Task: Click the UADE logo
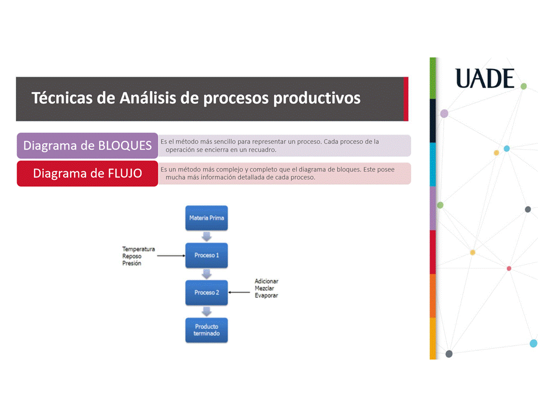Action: coord(485,78)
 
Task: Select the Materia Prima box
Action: coord(207,218)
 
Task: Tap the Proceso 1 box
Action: coord(207,256)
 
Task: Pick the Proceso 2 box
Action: coord(207,293)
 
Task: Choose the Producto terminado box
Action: coord(207,330)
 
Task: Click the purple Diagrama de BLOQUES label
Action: coord(88,146)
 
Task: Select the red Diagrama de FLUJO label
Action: coord(88,173)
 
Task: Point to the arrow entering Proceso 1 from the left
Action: coord(171,256)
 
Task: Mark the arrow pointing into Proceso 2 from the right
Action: coord(239,292)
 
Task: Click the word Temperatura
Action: coord(138,249)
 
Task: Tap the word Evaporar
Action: coord(266,295)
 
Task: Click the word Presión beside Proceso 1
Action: coord(132,263)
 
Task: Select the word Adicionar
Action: coord(266,281)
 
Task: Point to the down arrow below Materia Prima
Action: coord(207,236)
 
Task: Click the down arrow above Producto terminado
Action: coord(207,311)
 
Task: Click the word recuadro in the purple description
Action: coord(263,150)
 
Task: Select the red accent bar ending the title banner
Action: coord(406,99)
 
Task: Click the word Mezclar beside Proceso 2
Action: coord(264,288)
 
